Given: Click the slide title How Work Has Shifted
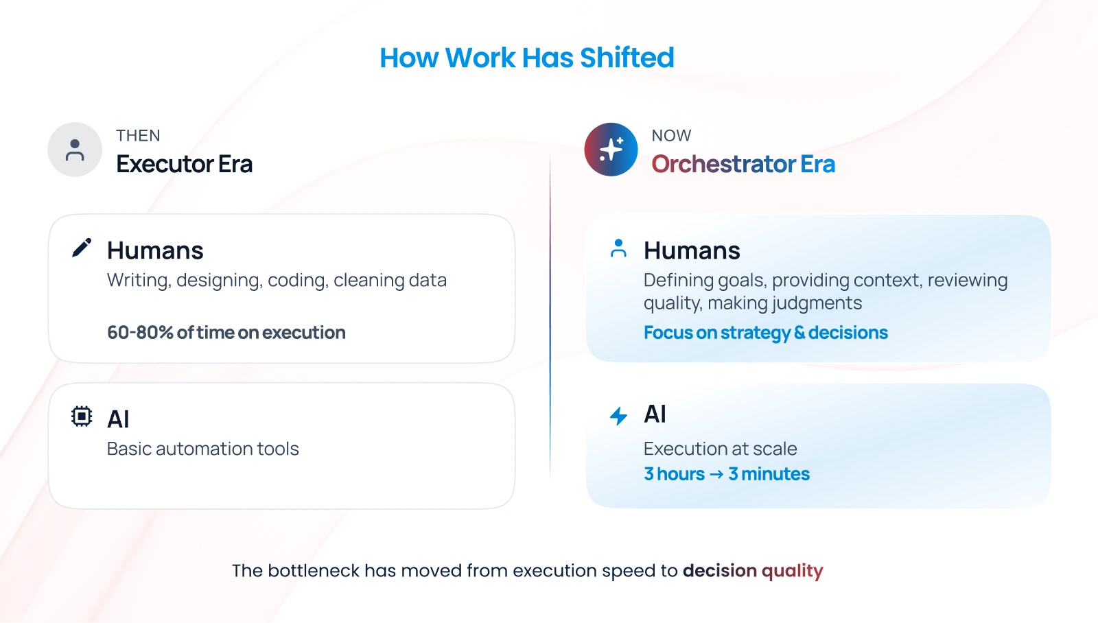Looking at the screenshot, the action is tap(527, 58).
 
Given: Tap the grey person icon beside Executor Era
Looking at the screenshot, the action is tap(75, 150).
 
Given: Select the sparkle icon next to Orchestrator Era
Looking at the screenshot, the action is tap(611, 150).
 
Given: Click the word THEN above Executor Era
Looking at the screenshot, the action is tap(138, 135).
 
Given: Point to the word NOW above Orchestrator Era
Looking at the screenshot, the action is tap(672, 135).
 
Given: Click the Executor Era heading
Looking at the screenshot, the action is tap(185, 164).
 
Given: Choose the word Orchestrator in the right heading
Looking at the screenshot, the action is tap(723, 164).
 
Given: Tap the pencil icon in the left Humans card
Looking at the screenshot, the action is tap(82, 248).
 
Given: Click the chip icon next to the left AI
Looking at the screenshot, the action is tap(82, 416).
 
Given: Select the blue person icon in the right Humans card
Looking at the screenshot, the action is tap(618, 248).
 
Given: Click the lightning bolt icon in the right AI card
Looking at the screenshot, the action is tap(618, 416).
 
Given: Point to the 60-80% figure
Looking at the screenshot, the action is tap(140, 332).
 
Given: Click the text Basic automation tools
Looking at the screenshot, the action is tap(203, 449).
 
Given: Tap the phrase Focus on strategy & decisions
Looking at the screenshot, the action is tap(766, 332).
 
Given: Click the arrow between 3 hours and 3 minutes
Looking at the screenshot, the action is tap(716, 475).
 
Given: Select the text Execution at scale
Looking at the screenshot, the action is tap(721, 449).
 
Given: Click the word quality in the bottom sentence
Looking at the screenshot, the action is tap(792, 571).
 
